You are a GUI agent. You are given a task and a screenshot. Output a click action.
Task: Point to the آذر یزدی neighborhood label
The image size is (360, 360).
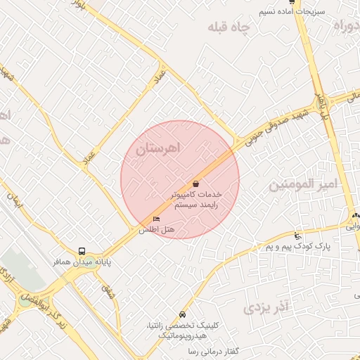click(266, 307)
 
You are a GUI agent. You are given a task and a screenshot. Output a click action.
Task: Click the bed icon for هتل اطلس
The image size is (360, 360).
click(156, 219)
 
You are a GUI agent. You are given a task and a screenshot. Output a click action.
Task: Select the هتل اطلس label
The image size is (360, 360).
click(156, 230)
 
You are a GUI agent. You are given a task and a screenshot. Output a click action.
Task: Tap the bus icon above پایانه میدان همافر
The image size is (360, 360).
click(82, 250)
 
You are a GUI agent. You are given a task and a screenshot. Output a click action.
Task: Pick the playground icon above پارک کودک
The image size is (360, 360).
click(298, 236)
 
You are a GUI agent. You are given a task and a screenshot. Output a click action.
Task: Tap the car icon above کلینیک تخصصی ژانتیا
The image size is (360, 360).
click(184, 314)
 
